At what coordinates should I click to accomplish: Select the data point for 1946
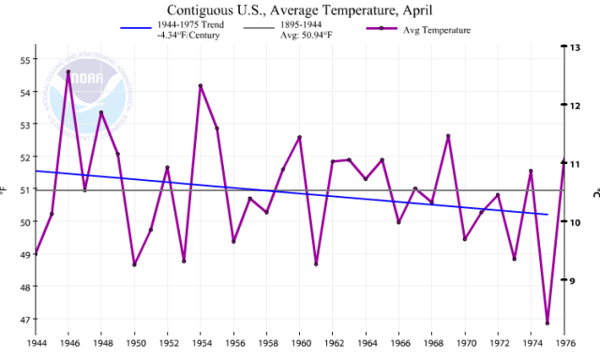68,72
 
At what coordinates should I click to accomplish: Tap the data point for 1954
201,86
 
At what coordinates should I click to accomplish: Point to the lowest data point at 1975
547,322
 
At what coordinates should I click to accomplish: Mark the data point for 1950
134,264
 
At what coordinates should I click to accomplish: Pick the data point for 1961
316,263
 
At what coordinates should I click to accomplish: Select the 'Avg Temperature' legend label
437,30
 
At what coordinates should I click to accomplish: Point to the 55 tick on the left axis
25,60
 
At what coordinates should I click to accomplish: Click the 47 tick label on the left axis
25,320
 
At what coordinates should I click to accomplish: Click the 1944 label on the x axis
35,344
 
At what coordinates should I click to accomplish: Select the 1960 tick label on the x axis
299,344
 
